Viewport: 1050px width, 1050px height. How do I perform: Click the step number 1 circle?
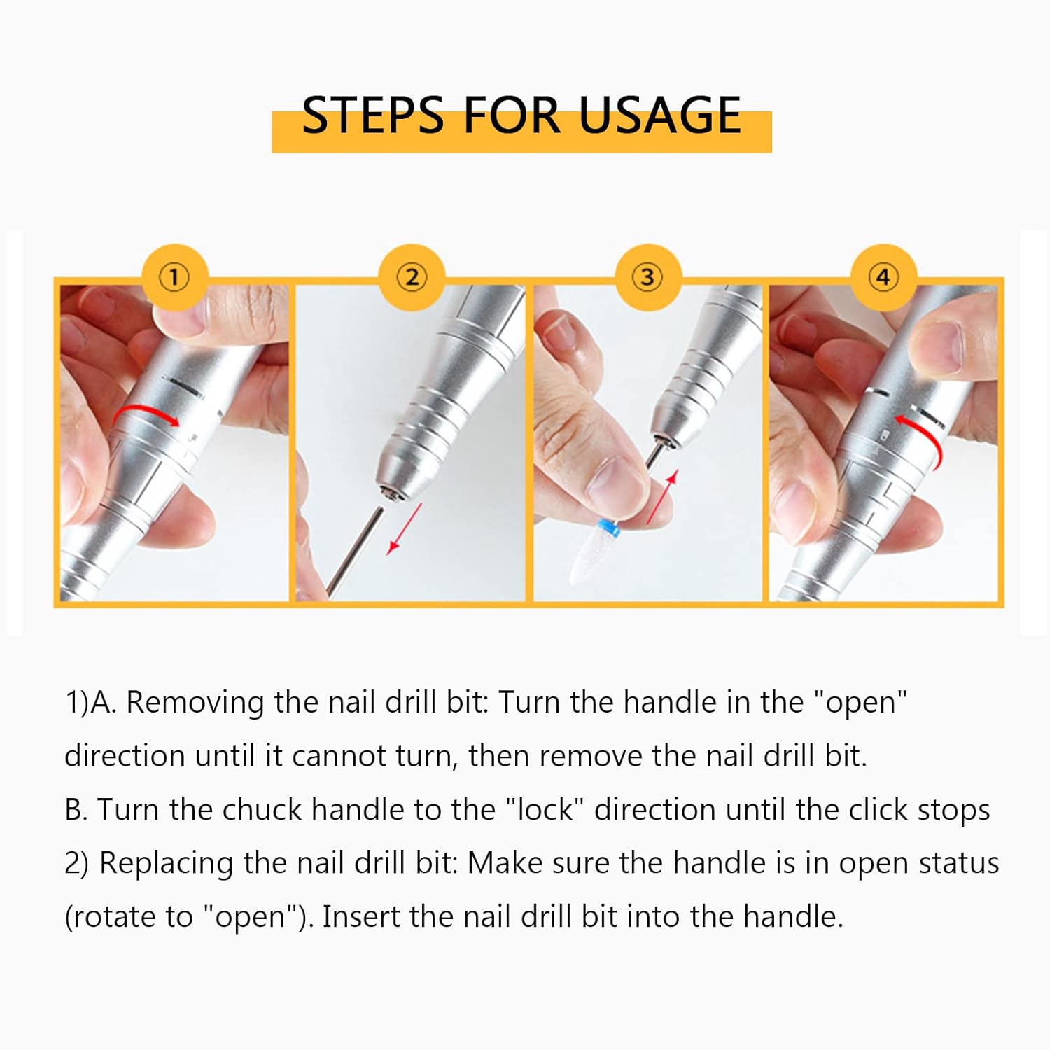[x=174, y=277]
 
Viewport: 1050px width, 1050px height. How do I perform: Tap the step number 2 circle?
[x=412, y=277]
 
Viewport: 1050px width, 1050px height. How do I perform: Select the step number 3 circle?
[x=647, y=277]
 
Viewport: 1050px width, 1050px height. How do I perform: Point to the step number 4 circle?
[x=883, y=277]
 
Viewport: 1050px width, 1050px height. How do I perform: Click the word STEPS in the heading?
[x=373, y=115]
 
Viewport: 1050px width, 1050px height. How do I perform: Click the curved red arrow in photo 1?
[x=146, y=413]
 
